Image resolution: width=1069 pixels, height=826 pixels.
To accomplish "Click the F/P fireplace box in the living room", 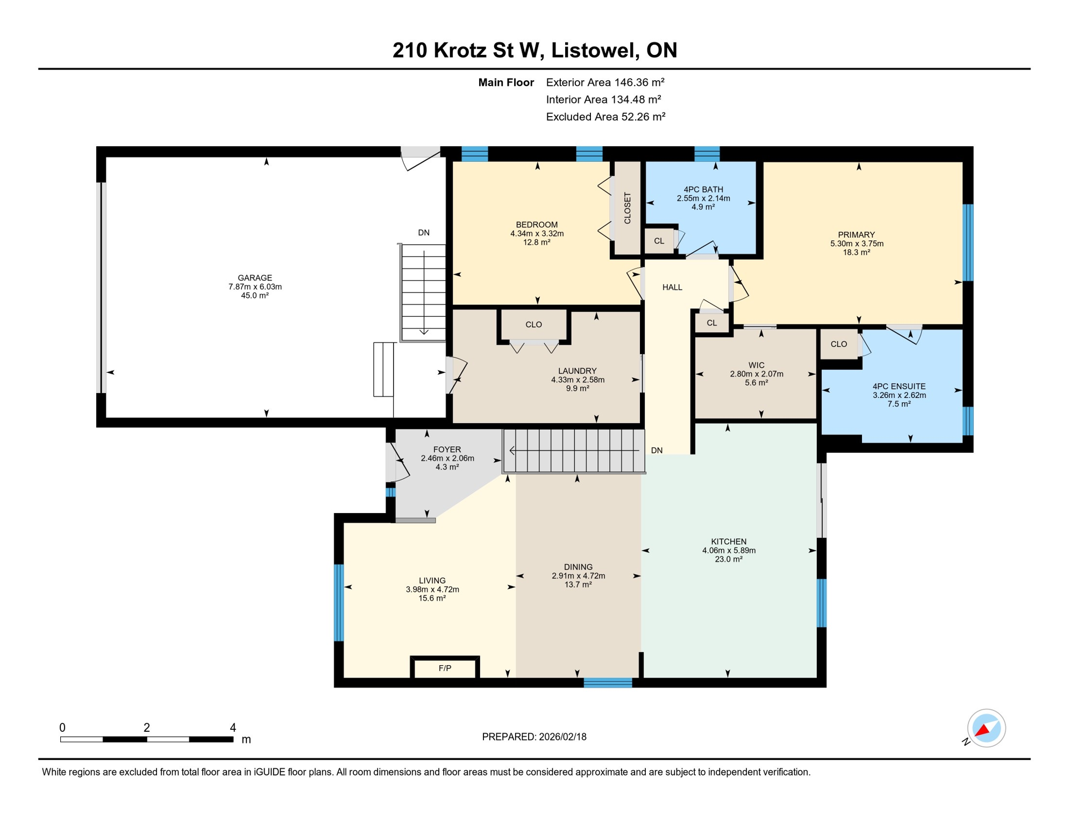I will [445, 668].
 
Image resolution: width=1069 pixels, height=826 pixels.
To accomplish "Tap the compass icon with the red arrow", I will [986, 728].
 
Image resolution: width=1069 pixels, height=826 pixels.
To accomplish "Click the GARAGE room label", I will [255, 278].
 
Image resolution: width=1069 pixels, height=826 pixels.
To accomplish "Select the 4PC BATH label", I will [703, 189].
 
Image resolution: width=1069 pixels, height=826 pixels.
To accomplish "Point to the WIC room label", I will [756, 365].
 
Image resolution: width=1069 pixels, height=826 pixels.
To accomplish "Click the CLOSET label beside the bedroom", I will [627, 208].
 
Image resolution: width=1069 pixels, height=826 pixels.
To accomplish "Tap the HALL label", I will [672, 288].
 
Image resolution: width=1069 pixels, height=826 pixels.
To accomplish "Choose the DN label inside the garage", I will [424, 233].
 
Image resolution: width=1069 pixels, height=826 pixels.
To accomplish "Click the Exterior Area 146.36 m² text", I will [605, 82].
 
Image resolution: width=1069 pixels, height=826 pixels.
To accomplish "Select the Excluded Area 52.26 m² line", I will [605, 117].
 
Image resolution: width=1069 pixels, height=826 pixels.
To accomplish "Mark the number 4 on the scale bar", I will [233, 728].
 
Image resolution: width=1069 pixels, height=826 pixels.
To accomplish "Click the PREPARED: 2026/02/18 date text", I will [534, 737].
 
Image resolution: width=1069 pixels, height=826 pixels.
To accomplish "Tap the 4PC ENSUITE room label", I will [899, 386].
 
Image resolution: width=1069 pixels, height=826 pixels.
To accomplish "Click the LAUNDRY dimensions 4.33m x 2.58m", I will [578, 380].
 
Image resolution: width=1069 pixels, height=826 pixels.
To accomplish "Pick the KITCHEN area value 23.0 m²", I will [729, 559].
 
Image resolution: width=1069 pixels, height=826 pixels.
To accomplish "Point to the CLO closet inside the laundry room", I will [533, 324].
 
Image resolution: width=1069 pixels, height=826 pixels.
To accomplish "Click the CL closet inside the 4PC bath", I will [659, 241].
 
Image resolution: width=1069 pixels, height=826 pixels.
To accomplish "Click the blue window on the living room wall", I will [339, 602].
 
